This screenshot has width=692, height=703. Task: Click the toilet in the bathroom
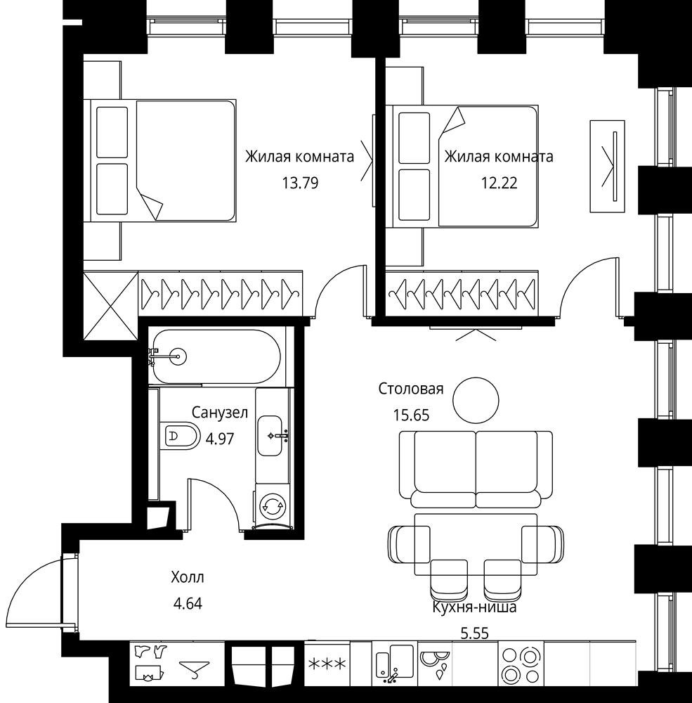point(180,435)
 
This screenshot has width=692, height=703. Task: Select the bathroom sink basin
point(270,435)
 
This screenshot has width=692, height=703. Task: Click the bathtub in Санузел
point(216,357)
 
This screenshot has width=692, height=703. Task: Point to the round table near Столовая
point(476,400)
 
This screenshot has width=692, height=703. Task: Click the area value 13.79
point(300,183)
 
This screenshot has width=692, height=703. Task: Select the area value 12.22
point(500,183)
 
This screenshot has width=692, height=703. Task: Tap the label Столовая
point(411,389)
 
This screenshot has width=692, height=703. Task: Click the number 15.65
point(412,415)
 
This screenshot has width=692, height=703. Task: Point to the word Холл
point(188,577)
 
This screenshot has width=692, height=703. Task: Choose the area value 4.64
point(188,604)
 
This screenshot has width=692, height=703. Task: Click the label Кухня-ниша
point(475,607)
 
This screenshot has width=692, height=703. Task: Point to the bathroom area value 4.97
point(220,439)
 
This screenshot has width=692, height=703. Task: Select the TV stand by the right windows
point(608,167)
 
